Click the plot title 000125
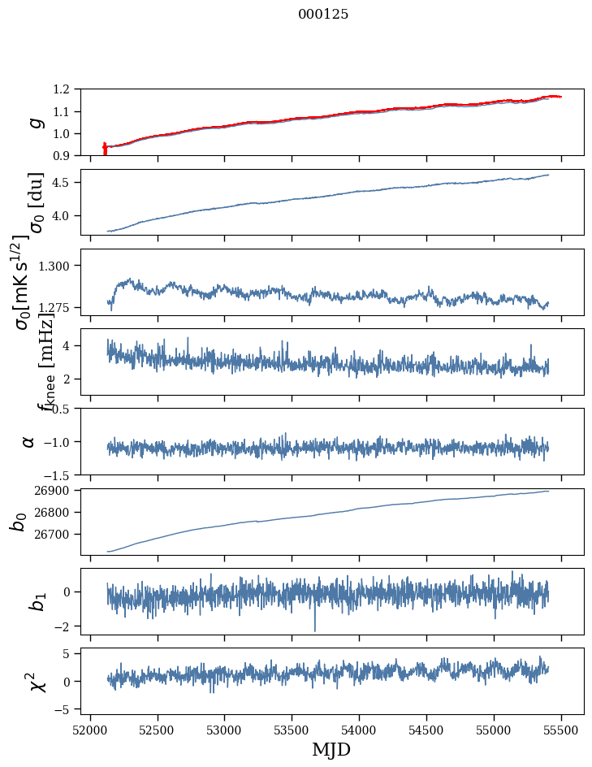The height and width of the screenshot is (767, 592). tap(323, 15)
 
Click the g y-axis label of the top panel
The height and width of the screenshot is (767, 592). tap(34, 122)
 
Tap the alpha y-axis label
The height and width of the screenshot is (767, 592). tap(29, 441)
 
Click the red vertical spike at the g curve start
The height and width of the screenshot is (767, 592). tap(105, 149)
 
